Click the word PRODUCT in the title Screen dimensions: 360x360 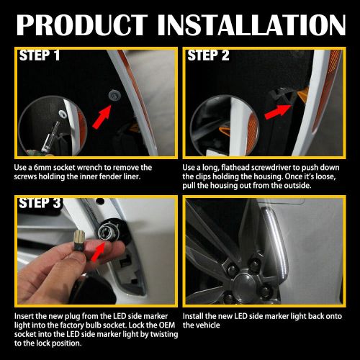tap(82, 25)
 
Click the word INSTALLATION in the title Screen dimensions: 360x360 tap(252, 25)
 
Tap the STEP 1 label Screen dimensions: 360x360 tap(40, 55)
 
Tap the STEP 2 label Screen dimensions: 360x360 tap(208, 55)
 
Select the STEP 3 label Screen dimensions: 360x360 tap(40, 203)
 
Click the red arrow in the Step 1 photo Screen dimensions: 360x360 tap(102, 117)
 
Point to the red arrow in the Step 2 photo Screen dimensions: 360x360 tap(278, 111)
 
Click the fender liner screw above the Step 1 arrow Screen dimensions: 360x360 tap(114, 94)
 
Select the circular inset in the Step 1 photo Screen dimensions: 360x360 tap(53, 126)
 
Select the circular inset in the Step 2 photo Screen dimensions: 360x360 tap(225, 125)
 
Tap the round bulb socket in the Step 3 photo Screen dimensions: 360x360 tap(105, 230)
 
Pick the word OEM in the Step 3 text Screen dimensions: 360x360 tap(166, 325)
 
